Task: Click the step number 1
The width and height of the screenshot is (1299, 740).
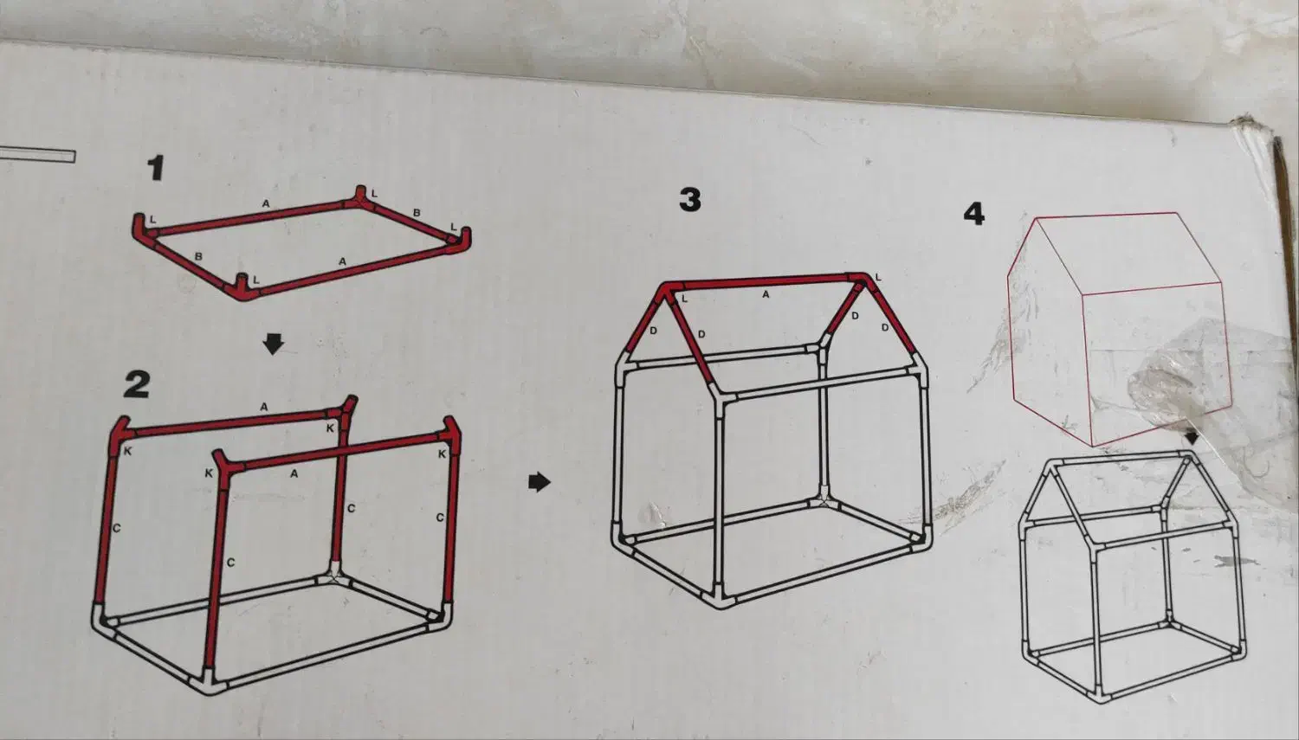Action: click(x=155, y=168)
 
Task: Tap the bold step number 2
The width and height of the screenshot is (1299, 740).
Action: click(x=137, y=384)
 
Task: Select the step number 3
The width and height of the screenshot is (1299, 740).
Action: click(x=690, y=199)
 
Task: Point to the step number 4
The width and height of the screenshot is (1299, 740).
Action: click(x=974, y=214)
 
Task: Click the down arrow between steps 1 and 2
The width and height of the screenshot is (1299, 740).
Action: click(x=273, y=343)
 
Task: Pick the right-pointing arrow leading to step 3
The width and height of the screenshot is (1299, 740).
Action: click(x=540, y=481)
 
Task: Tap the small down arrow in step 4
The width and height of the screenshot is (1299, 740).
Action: click(x=1191, y=437)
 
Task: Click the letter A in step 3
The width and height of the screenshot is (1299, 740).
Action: click(x=766, y=294)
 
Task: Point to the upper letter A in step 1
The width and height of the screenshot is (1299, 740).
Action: click(x=266, y=203)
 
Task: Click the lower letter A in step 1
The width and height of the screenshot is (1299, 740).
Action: click(x=342, y=261)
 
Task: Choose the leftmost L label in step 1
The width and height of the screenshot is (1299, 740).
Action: click(x=152, y=220)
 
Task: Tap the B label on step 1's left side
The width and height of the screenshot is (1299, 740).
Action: click(x=198, y=256)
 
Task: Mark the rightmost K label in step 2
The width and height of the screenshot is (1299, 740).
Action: click(x=442, y=454)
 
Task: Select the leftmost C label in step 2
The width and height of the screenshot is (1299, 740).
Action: click(x=116, y=528)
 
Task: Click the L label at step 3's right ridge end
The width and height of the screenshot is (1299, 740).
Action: click(x=878, y=278)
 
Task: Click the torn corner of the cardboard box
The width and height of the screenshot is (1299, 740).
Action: click(x=1252, y=134)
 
